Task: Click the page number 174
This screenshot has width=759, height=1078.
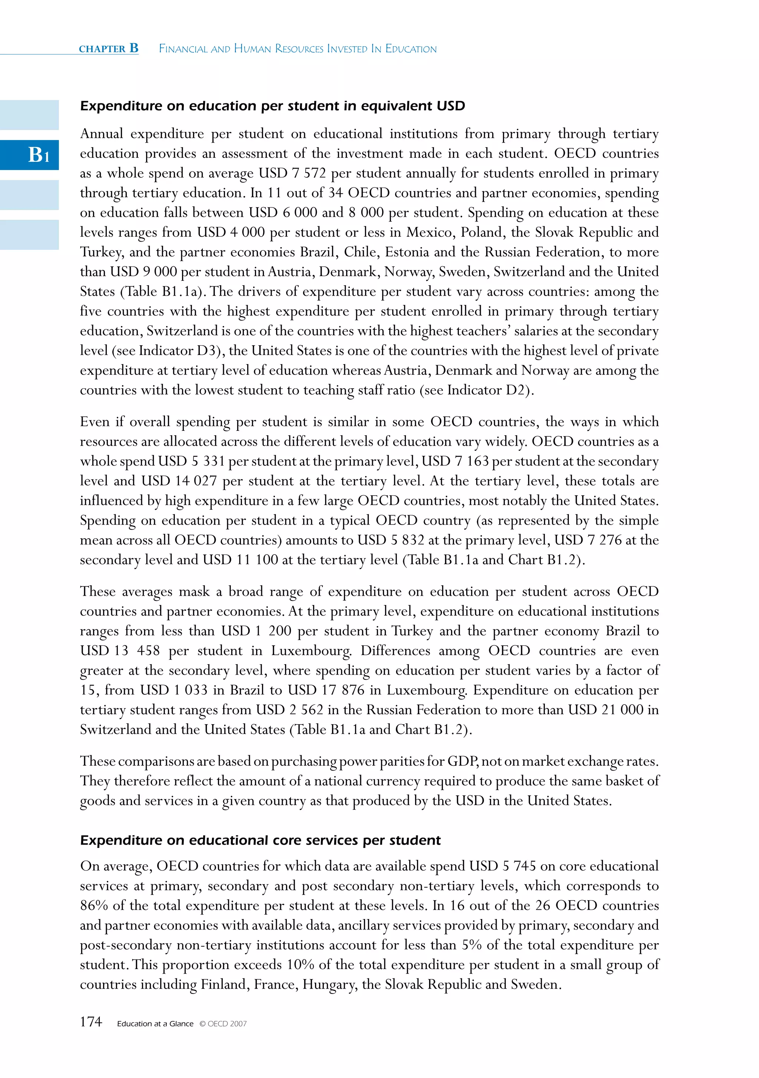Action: click(91, 1022)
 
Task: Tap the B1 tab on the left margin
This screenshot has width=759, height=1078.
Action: click(39, 154)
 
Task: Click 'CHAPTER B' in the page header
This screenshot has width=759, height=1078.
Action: click(109, 49)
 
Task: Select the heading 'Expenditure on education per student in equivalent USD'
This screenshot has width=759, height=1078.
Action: click(272, 106)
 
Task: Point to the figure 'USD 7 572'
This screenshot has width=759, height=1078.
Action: click(292, 173)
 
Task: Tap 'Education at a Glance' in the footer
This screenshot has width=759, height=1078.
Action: click(155, 1024)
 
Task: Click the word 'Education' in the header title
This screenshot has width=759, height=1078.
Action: click(411, 49)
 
